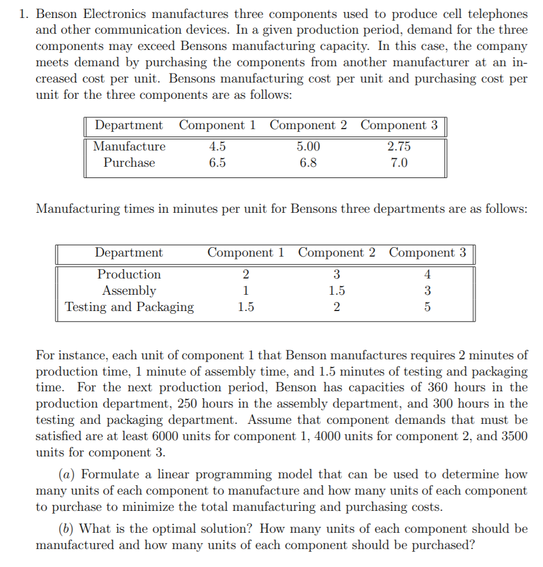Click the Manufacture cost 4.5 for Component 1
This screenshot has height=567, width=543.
click(x=218, y=147)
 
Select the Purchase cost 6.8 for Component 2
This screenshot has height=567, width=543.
click(x=308, y=163)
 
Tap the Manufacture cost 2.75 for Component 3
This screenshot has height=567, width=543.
click(x=399, y=147)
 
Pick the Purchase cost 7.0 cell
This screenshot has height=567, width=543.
click(x=399, y=163)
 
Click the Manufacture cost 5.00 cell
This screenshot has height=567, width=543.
click(x=308, y=147)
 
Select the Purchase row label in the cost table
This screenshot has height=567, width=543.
click(x=129, y=163)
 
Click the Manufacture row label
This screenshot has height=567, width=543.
click(x=129, y=147)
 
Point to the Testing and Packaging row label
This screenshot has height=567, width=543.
click(x=129, y=307)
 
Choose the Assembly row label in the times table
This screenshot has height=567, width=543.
click(x=129, y=291)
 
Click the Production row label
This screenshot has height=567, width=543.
click(x=129, y=275)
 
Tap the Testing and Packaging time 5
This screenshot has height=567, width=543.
click(x=427, y=307)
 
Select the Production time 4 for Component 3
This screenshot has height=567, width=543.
click(x=427, y=275)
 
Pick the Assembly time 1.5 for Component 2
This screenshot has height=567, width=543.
click(x=337, y=291)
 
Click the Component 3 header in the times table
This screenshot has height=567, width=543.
click(x=427, y=253)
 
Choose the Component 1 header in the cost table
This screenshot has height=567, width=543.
click(x=218, y=125)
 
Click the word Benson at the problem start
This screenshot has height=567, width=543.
click(x=60, y=13)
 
